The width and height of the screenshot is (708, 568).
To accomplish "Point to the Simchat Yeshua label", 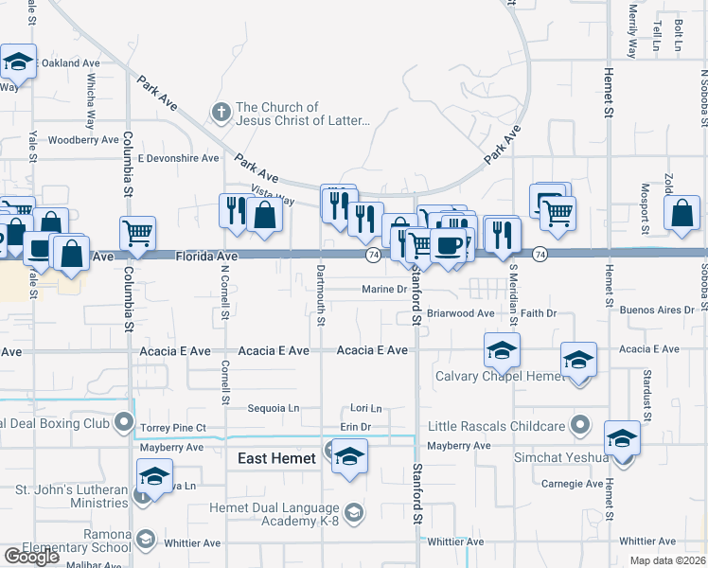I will (x=568, y=457).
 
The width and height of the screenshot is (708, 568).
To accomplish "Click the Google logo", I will (x=31, y=557).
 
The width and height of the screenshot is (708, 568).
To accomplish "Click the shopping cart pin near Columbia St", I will (x=138, y=232).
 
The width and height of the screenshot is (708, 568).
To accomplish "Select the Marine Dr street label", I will (x=383, y=290).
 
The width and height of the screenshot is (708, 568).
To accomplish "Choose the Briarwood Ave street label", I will (x=460, y=312).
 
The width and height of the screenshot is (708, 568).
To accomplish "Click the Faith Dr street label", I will (x=539, y=312).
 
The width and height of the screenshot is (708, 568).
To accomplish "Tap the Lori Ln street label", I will (x=366, y=409).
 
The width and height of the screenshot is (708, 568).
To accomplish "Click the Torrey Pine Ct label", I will (x=173, y=429).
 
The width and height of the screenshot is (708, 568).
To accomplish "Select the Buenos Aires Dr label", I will (x=650, y=310).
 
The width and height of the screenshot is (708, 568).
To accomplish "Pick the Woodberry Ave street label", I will (x=83, y=140).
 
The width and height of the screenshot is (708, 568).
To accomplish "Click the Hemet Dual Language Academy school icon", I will (x=354, y=512).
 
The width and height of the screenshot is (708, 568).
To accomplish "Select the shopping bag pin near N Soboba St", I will (x=682, y=214).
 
